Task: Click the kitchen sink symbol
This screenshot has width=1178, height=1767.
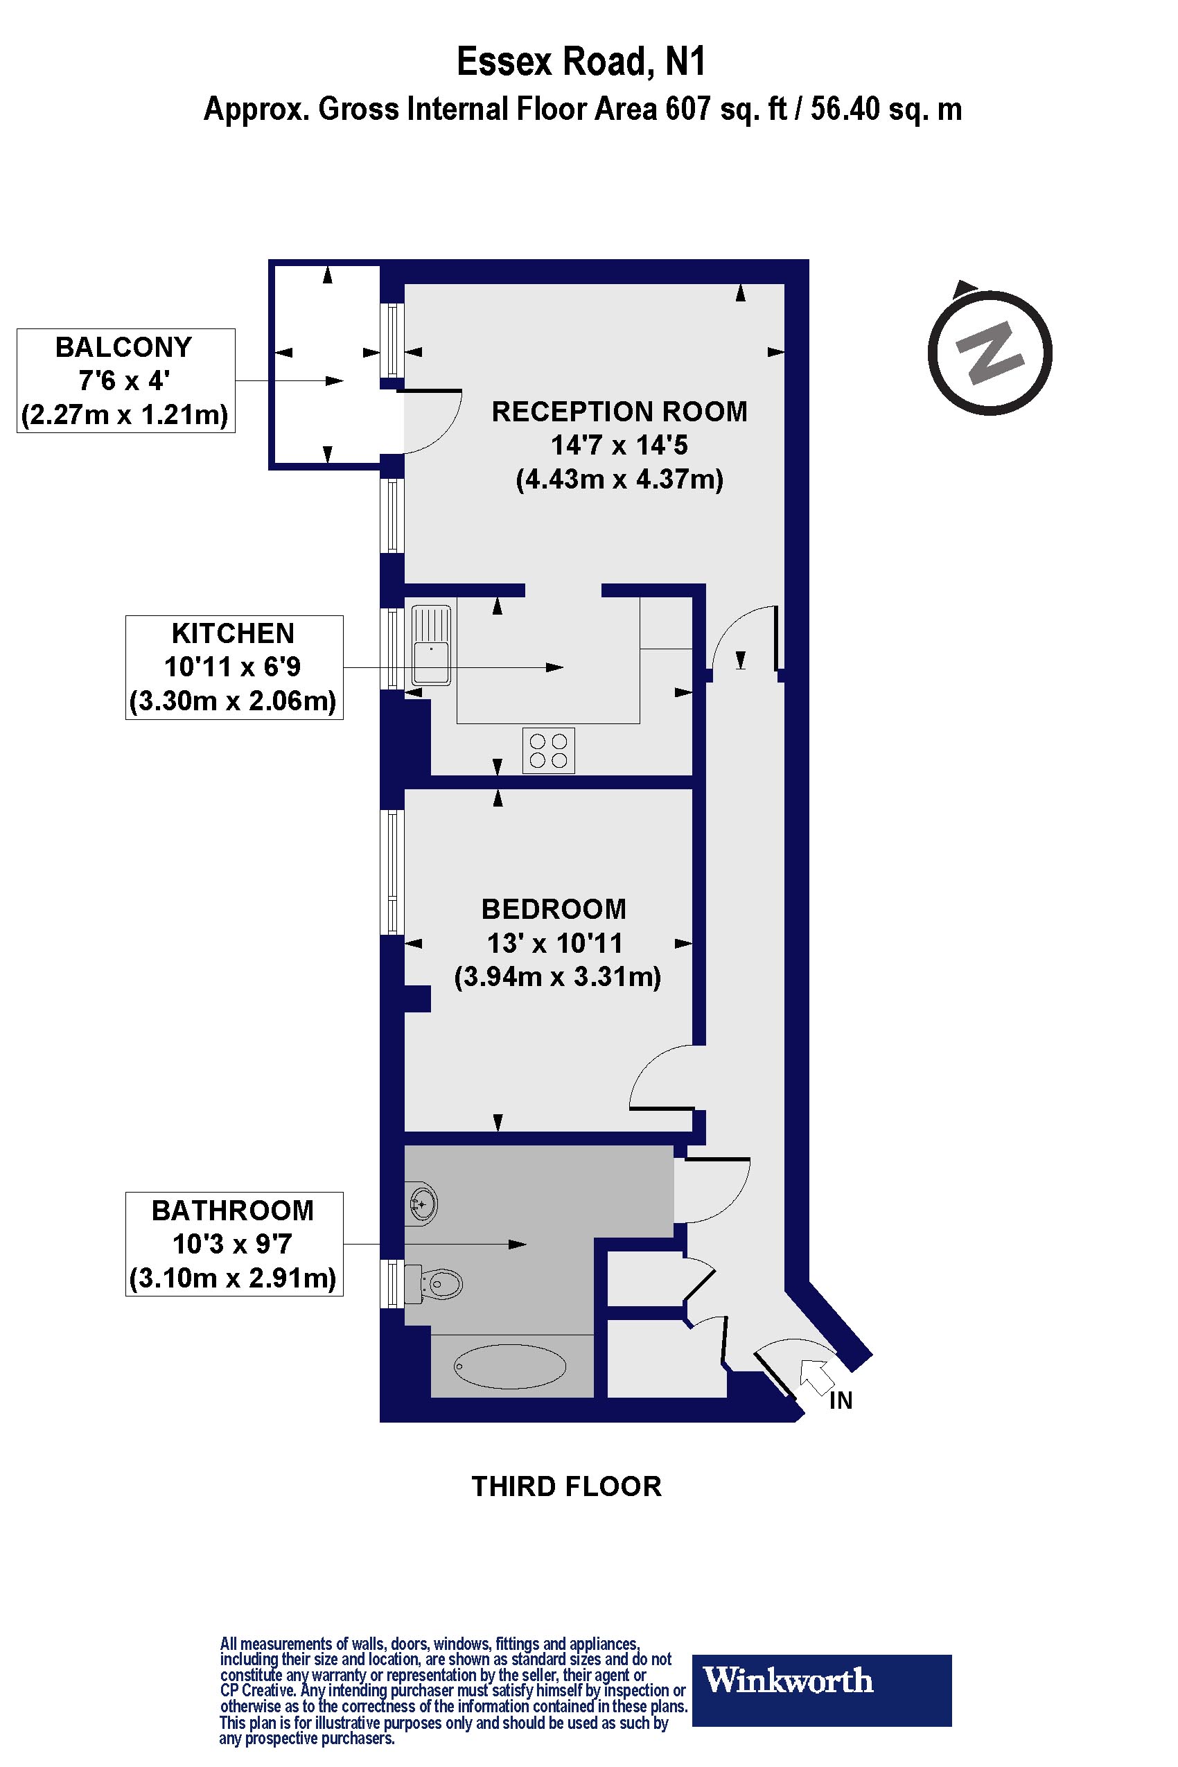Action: click(x=431, y=644)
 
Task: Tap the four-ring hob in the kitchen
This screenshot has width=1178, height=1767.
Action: click(x=548, y=750)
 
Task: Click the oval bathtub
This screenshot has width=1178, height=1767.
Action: click(x=510, y=1366)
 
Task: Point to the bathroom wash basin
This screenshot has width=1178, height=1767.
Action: click(x=423, y=1205)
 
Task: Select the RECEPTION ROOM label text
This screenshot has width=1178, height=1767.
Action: click(x=619, y=412)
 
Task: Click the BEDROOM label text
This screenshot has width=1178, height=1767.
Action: click(x=554, y=909)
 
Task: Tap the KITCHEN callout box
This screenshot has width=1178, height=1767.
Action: click(x=234, y=667)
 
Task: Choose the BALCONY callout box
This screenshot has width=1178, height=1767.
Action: click(x=125, y=380)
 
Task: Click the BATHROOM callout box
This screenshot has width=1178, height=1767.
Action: click(x=234, y=1244)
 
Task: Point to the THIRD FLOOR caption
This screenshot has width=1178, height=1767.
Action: click(x=565, y=1486)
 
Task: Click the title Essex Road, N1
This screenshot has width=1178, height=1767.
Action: click(x=581, y=62)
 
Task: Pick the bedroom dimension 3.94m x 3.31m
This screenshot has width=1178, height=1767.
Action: click(x=557, y=976)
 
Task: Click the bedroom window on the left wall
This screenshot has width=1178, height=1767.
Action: click(x=392, y=872)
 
